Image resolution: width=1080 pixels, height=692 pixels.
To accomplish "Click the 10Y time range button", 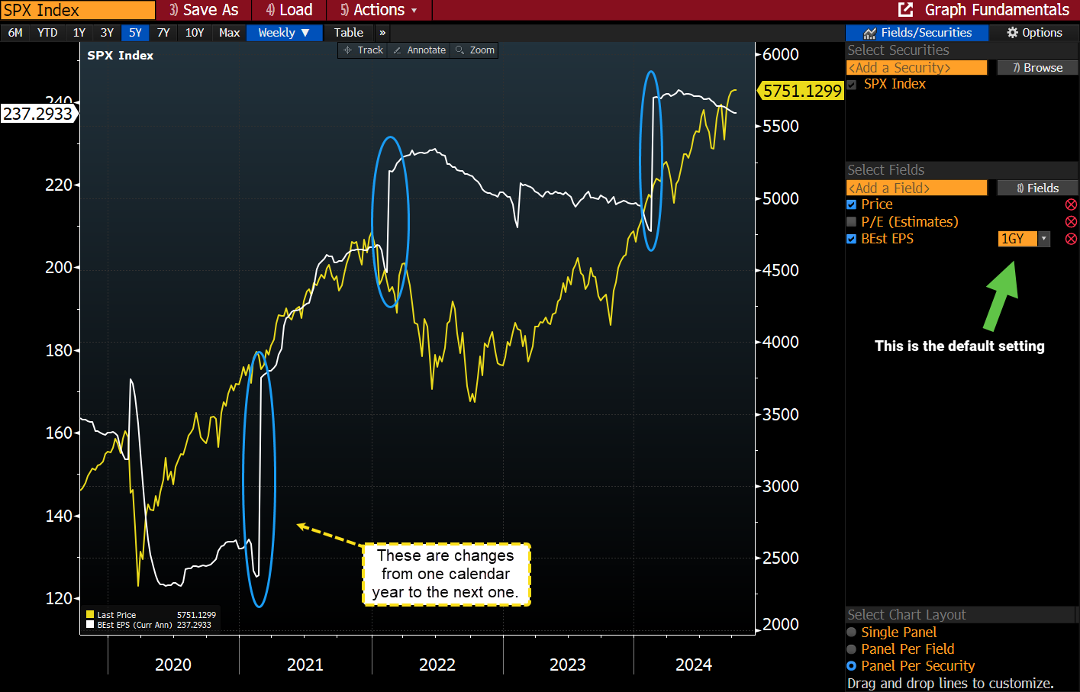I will point(195,33).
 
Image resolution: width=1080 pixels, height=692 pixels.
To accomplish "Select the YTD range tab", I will point(47,33).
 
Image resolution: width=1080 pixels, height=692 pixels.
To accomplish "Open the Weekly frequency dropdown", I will point(283,33).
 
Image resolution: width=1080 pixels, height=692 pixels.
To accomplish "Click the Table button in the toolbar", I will point(348,33).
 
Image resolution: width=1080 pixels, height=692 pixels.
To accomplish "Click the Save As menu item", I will point(204,10).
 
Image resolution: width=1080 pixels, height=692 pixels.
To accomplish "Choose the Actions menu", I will point(379,10).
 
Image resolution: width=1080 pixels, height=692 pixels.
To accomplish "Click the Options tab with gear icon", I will point(1034,33).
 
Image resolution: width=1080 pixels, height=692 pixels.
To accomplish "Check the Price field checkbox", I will point(852,204).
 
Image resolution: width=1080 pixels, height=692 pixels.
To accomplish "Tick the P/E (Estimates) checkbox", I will point(852,222).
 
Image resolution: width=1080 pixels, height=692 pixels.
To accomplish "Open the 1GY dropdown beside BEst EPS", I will point(1043,239).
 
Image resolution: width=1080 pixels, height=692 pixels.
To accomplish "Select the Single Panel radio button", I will point(852,632).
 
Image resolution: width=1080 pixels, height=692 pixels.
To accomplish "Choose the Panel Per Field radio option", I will point(852,649).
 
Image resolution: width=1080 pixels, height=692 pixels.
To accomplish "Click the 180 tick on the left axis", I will point(59,350).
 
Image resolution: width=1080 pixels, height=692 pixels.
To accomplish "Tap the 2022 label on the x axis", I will point(437,665).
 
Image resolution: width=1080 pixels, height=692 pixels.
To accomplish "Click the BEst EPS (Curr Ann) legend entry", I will point(134,625).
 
